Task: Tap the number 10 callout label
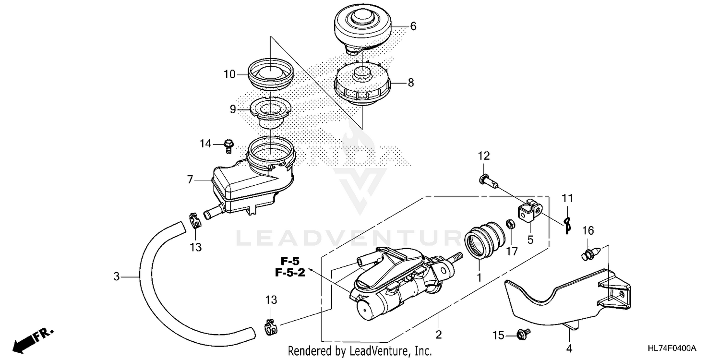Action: (x=229, y=74)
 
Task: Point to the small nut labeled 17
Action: (x=511, y=224)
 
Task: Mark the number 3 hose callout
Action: (x=116, y=276)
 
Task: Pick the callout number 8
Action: (x=410, y=83)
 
